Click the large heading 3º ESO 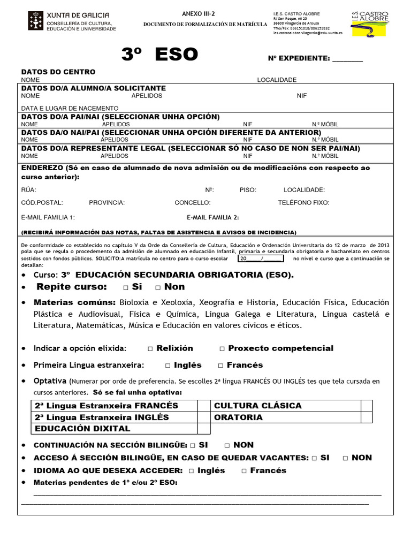point(159,55)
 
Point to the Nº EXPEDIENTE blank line point(347,59)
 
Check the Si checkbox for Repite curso point(125,287)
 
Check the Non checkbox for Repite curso point(158,287)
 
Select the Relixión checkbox point(150,349)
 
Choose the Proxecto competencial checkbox point(222,349)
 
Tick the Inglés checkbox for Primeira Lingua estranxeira point(168,366)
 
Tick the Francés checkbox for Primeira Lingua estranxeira point(220,366)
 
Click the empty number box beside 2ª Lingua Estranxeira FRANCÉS point(203,406)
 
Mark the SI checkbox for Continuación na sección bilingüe point(193,445)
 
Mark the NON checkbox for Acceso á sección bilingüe point(346,458)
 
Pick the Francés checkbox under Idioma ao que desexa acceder point(244,471)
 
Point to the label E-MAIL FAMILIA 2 point(213,217)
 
